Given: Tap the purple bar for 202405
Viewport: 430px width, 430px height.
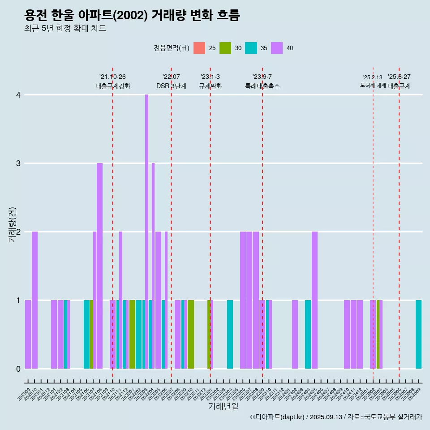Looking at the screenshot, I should (x=314, y=300).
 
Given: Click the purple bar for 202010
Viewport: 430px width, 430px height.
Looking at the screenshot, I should (x=34, y=300).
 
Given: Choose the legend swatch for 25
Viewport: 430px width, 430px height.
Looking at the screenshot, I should (x=199, y=48).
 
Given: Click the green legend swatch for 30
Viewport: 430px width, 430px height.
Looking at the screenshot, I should (x=225, y=48).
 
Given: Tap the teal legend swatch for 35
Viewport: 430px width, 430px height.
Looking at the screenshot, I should (x=251, y=48).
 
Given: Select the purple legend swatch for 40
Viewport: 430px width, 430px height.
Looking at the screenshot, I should (x=277, y=48).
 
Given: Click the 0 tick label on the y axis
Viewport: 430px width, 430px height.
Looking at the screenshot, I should (x=18, y=369).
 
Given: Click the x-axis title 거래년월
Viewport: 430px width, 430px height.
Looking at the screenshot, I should (x=223, y=406).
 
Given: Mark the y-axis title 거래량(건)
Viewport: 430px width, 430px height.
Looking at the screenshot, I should (x=12, y=224).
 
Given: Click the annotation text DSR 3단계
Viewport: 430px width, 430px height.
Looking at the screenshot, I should (x=171, y=86).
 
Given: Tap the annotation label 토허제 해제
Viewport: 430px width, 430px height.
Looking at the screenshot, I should (x=373, y=85).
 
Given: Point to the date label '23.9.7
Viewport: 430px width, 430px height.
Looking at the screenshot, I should (x=262, y=77).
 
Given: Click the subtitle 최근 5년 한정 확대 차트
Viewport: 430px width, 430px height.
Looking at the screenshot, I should (x=65, y=29).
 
